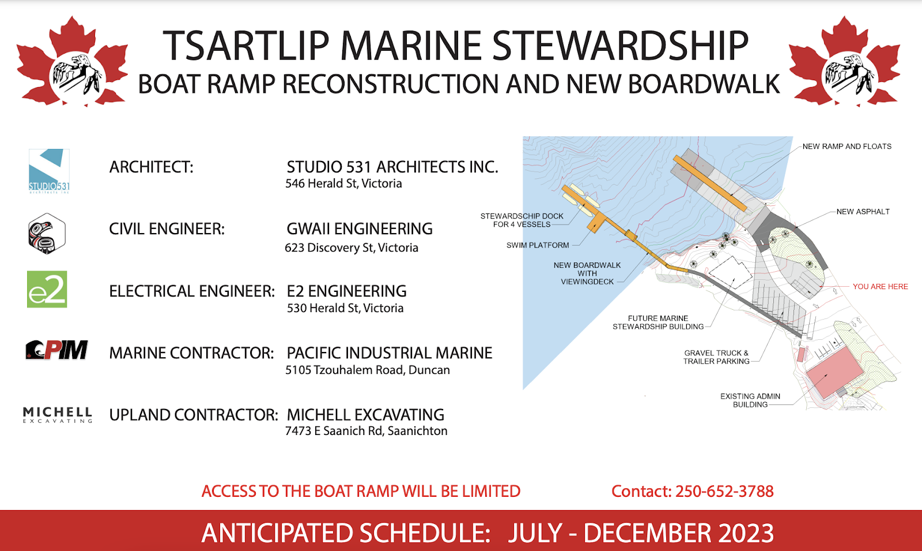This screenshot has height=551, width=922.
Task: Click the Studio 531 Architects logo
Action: [x=49, y=171]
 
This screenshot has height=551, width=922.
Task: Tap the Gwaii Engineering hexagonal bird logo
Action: [x=47, y=233]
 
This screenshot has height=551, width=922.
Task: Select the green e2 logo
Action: [x=47, y=289]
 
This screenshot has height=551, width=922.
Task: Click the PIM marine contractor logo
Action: [x=56, y=350]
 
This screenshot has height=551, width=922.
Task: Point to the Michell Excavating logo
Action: [x=58, y=415]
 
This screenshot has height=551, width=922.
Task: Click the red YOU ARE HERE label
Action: [x=880, y=286]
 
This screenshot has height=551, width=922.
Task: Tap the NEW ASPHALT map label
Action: [x=863, y=212]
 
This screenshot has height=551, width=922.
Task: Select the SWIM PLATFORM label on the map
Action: [x=538, y=245]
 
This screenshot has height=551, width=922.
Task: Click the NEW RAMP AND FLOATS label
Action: [x=847, y=147]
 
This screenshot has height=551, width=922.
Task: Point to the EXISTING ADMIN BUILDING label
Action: [x=750, y=400]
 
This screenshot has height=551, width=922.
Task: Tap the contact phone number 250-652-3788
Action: [x=724, y=491]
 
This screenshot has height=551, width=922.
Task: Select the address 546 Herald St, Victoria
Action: [x=343, y=183]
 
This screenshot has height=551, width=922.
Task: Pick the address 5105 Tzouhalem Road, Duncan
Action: [x=368, y=370]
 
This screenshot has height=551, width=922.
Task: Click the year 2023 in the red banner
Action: [x=746, y=533]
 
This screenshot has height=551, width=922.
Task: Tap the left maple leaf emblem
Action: [x=73, y=62]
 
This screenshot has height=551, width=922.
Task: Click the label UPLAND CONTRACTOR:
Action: [x=194, y=415]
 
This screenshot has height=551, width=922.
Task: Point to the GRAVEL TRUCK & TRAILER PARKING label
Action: [x=716, y=357]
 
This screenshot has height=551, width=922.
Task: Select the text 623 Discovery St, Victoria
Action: [x=352, y=248]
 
